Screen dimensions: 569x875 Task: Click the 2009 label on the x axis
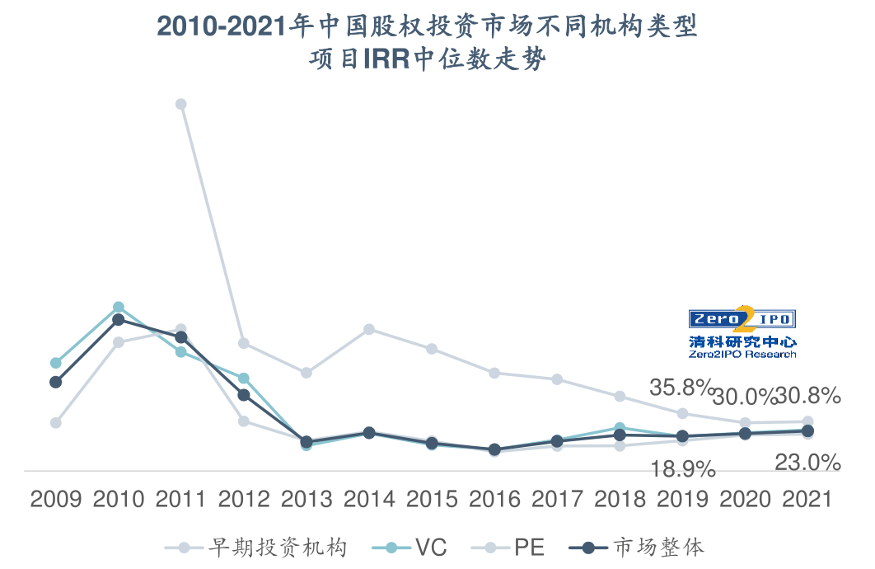56,499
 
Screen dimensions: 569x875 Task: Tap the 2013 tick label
306,499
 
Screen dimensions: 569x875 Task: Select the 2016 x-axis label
494,499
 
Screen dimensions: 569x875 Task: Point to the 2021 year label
807,499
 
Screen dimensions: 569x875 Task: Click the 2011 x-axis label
181,499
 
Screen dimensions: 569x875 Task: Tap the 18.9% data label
683,470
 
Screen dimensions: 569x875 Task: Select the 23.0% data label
807,463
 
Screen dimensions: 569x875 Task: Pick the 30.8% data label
808,396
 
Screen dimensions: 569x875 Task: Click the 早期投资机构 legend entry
268,547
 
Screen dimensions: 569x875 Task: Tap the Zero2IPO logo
742,332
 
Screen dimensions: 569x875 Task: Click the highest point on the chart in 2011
181,104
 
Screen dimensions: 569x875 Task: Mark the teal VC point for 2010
119,307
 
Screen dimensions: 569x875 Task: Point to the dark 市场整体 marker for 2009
56,382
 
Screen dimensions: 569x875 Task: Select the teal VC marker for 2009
56,363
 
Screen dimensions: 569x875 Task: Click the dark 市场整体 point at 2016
494,449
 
